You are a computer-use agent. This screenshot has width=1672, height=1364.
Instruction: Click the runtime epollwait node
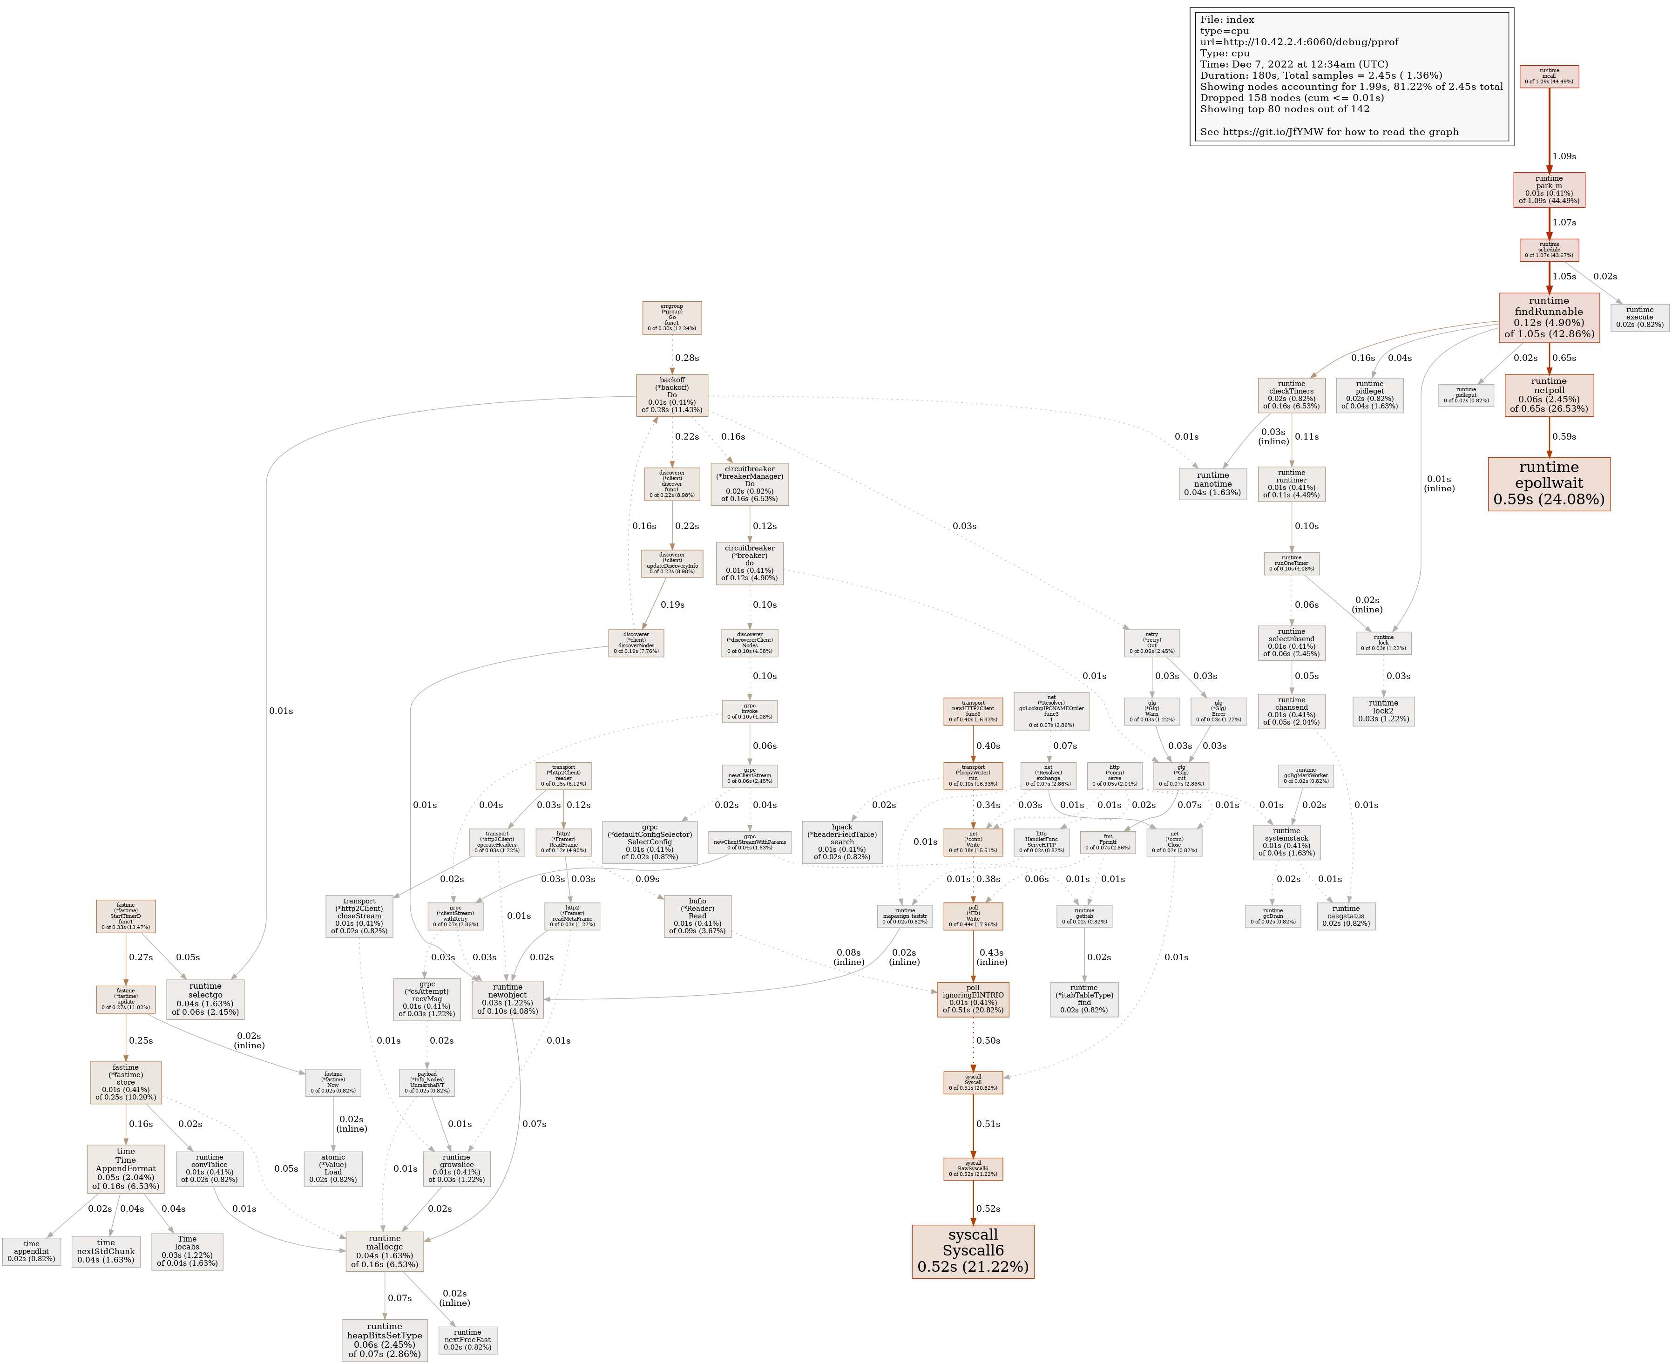[x=1549, y=484]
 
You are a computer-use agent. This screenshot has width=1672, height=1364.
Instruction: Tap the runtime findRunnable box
[x=1549, y=318]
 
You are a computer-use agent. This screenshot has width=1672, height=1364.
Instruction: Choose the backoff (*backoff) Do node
[x=672, y=395]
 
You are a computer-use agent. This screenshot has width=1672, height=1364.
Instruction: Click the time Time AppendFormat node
[x=126, y=1168]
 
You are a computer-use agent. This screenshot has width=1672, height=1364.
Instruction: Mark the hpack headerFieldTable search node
[x=841, y=841]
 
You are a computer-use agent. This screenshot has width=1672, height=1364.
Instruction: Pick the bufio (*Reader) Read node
[x=697, y=916]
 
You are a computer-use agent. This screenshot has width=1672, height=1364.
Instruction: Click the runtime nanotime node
[x=1212, y=484]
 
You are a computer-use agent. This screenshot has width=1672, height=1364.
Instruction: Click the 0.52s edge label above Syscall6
[x=988, y=1208]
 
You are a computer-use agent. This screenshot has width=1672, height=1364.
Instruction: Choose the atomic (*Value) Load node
[x=333, y=1168]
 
